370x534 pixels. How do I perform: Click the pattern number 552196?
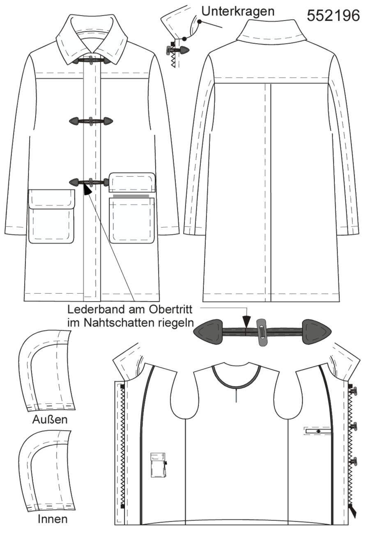pyautogui.click(x=333, y=16)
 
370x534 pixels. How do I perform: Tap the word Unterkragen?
pyautogui.click(x=238, y=11)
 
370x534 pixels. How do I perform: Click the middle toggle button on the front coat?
pyautogui.click(x=91, y=121)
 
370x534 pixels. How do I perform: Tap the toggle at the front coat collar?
pyautogui.click(x=91, y=60)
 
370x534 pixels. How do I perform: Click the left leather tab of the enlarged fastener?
pyautogui.click(x=207, y=332)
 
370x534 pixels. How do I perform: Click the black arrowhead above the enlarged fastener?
pyautogui.click(x=246, y=321)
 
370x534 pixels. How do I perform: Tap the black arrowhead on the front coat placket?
pyautogui.click(x=87, y=190)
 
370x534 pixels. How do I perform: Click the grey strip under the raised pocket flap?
pyautogui.click(x=131, y=196)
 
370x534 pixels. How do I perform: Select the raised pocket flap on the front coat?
pyautogui.click(x=132, y=182)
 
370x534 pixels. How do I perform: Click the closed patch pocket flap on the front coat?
pyautogui.click(x=51, y=199)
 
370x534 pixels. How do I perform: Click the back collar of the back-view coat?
pyautogui.click(x=271, y=33)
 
